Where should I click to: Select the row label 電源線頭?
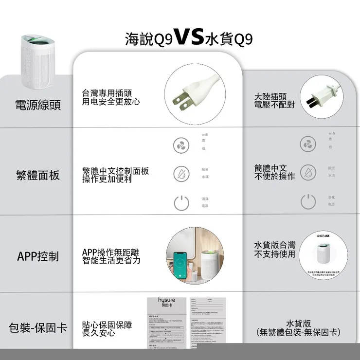[38, 105]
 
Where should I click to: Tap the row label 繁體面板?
[38, 175]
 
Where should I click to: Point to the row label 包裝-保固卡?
[38, 328]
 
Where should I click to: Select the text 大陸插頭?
[270, 97]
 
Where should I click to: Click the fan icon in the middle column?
[181, 145]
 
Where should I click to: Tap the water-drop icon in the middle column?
[181, 173]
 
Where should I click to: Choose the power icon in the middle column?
[181, 202]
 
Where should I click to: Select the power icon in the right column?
[307, 201]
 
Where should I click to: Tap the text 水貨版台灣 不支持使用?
[274, 249]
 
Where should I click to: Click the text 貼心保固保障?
[107, 324]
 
